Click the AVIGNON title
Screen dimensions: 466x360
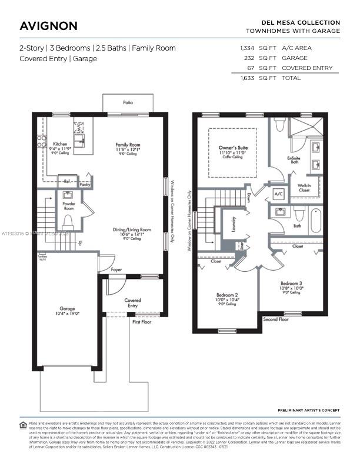pyautogui.click(x=48, y=26)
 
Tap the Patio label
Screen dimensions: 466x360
pyautogui.click(x=128, y=102)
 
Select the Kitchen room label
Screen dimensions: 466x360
pyautogui.click(x=61, y=144)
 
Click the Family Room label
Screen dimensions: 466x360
pyautogui.click(x=127, y=144)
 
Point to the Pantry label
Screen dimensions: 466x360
pyautogui.click(x=85, y=185)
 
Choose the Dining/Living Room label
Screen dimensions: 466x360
pyautogui.click(x=132, y=230)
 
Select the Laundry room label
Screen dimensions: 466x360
pyautogui.click(x=233, y=227)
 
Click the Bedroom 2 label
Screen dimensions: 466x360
pyautogui.click(x=227, y=294)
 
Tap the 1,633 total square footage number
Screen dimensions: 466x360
pyautogui.click(x=246, y=78)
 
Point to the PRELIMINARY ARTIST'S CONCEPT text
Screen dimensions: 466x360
pyautogui.click(x=309, y=410)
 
